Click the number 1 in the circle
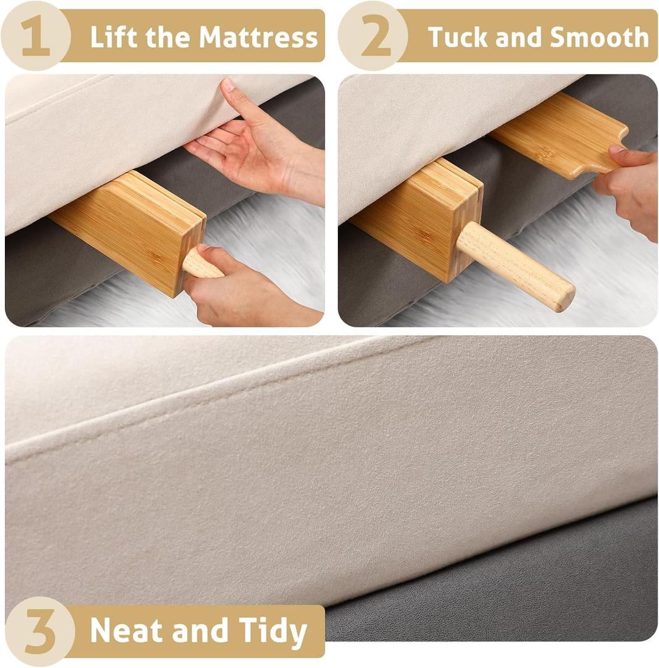[35, 36]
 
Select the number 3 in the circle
[39, 631]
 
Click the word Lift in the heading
[112, 37]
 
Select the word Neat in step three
[127, 631]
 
